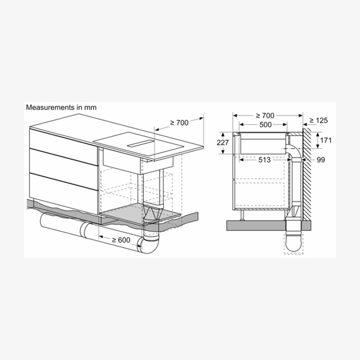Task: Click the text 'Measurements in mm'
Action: click(x=61, y=107)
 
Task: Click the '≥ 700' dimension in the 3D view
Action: click(x=179, y=123)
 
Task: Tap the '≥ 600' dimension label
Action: click(x=121, y=240)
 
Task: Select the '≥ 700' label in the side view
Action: click(x=265, y=115)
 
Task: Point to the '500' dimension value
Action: click(x=265, y=125)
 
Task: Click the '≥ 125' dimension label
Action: click(x=319, y=121)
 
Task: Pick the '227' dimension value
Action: click(x=223, y=143)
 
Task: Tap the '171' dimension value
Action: click(x=326, y=140)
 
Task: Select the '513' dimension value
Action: click(x=265, y=160)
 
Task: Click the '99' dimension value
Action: click(x=321, y=160)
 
